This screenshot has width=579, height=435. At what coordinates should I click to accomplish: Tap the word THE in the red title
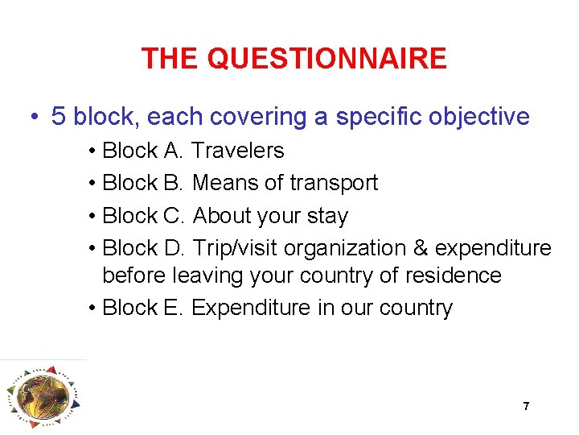click(170, 59)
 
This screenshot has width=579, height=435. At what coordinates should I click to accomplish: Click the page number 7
click(526, 406)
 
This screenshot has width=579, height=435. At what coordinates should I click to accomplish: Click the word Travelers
click(239, 151)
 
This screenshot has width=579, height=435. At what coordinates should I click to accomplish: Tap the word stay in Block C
click(327, 216)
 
